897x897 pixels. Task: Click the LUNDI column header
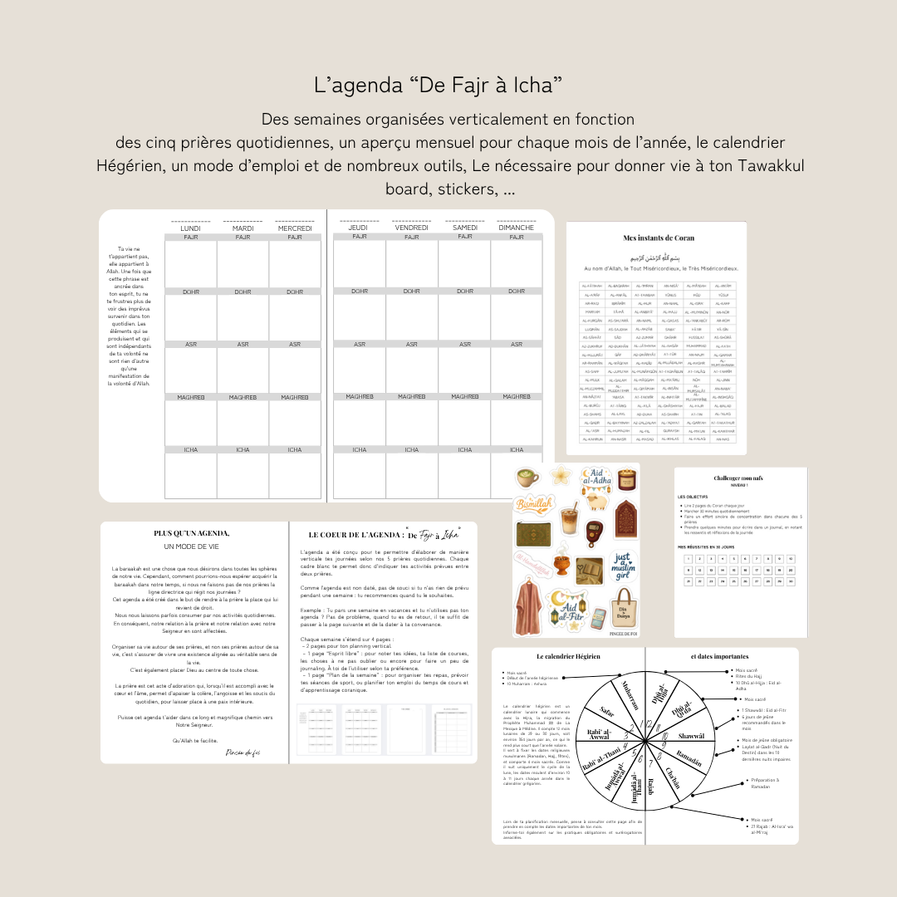pos(190,228)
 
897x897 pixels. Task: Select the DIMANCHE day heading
pos(516,228)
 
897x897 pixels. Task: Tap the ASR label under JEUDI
pos(359,344)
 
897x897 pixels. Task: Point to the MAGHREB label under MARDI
pos(243,397)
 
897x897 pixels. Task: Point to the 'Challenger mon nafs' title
pos(739,479)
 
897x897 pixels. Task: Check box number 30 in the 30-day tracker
pos(790,581)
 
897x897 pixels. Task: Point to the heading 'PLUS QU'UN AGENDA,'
pos(192,533)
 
